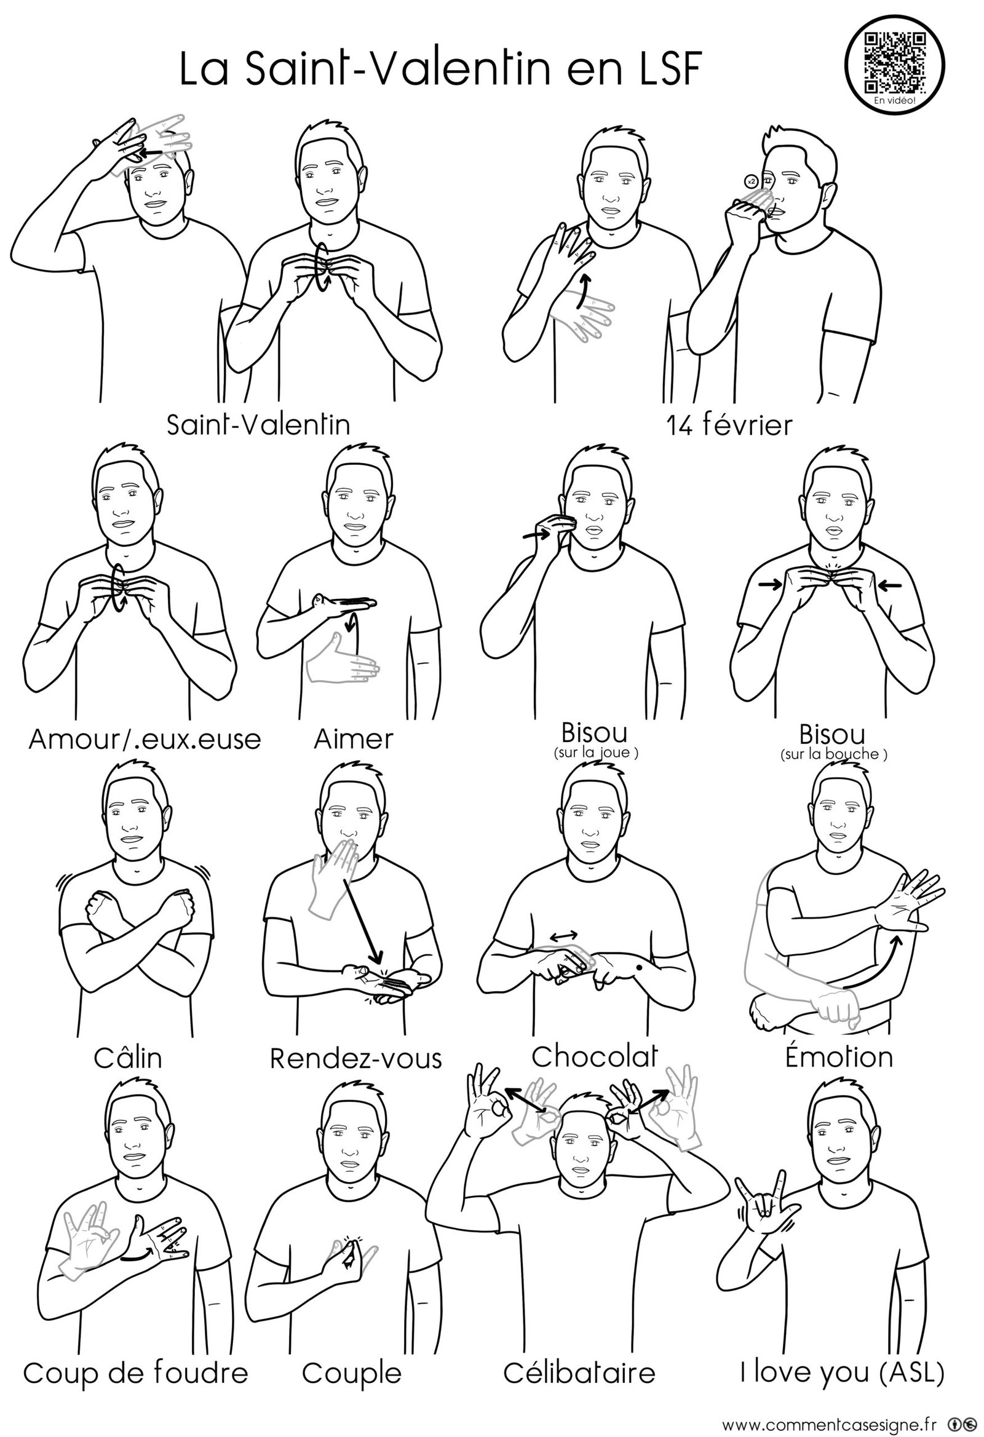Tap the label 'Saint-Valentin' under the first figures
[x=258, y=424]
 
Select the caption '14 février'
[x=729, y=426]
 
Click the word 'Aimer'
[x=353, y=739]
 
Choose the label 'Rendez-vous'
[x=355, y=1058]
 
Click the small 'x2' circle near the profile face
[x=751, y=181]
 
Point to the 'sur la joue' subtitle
[x=595, y=753]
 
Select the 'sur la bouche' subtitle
[x=834, y=754]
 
